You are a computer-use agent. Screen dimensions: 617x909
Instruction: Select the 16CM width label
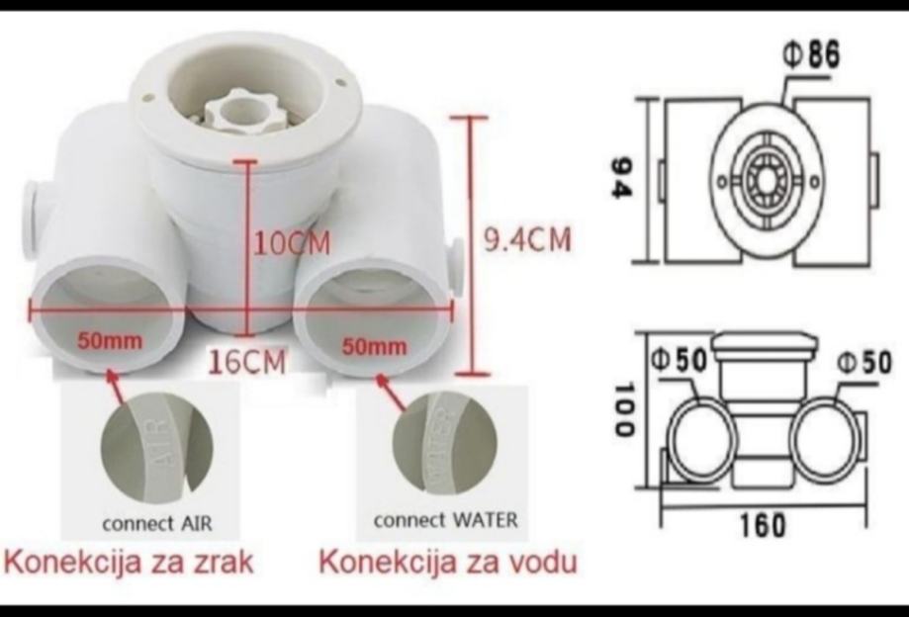tap(247, 362)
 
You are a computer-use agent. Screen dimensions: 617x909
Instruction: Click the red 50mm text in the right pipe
tap(374, 346)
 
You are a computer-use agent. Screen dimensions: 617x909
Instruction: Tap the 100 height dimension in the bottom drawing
tap(620, 410)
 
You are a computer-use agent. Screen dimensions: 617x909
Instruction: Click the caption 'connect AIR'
tap(157, 521)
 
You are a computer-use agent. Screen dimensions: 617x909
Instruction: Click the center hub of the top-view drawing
tap(766, 179)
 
